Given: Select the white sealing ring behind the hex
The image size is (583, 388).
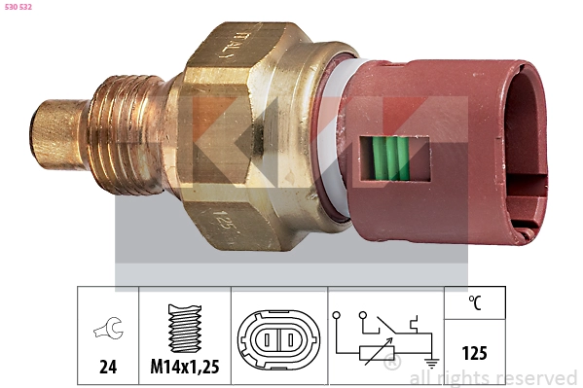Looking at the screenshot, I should (x=331, y=136).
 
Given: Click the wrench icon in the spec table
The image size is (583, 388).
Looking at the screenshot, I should (x=107, y=331).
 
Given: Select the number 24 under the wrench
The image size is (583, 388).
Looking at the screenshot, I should (x=108, y=368).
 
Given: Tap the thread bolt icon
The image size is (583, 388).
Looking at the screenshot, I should (x=183, y=328).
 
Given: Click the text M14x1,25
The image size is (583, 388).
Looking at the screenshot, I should (x=184, y=368).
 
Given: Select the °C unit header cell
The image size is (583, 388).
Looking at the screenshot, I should (x=475, y=302).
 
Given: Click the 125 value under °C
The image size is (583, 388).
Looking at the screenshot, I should (x=475, y=353).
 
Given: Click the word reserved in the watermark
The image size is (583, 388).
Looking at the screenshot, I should (x=538, y=377).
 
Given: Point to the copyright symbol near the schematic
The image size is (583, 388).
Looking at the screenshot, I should (x=392, y=365).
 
